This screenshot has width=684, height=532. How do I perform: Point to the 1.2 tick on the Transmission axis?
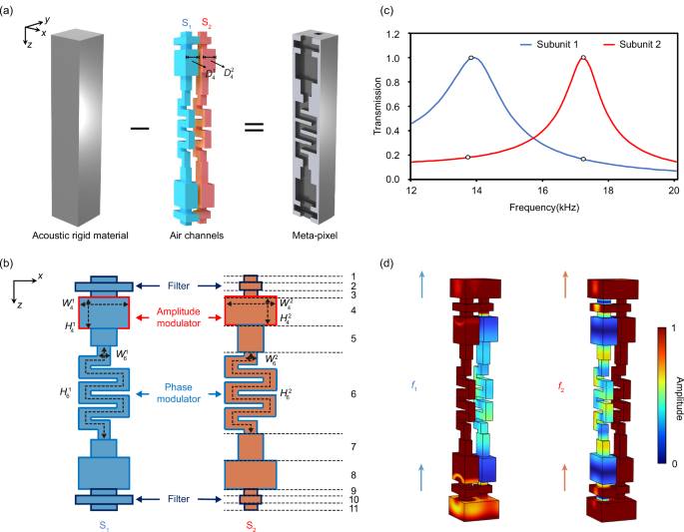[x=396, y=32]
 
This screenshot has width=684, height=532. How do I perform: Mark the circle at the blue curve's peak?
[x=470, y=57]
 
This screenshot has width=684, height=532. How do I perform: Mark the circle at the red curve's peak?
[x=583, y=57]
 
